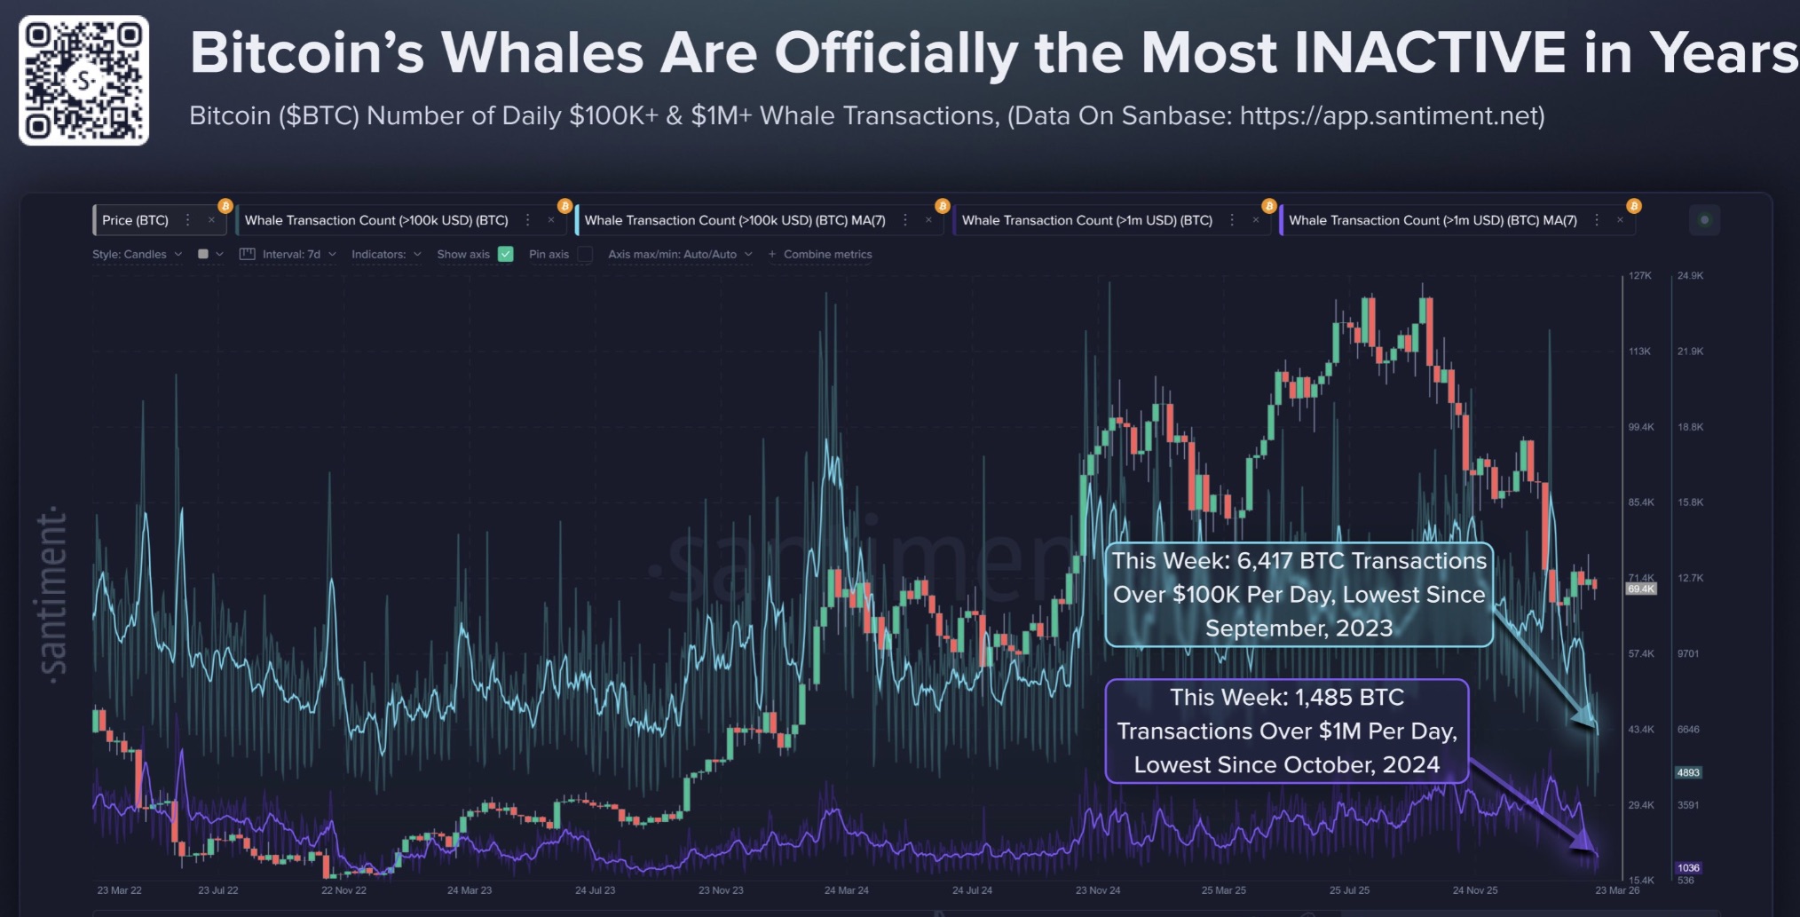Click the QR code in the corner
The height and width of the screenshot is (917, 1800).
click(x=83, y=81)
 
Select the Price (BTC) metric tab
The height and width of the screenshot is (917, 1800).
click(x=135, y=220)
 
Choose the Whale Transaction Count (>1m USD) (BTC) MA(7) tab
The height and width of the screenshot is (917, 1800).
click(x=1432, y=220)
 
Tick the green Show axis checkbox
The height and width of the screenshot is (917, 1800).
click(x=506, y=254)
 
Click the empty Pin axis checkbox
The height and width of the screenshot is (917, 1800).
click(x=585, y=254)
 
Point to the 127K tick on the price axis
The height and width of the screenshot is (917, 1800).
click(x=1639, y=276)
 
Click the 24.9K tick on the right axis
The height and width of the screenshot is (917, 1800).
click(x=1690, y=276)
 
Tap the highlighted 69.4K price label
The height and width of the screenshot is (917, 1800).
click(x=1640, y=589)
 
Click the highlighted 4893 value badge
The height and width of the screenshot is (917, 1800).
click(x=1687, y=772)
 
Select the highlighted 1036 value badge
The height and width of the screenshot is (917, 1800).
click(x=1687, y=868)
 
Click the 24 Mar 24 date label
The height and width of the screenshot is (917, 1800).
click(x=846, y=890)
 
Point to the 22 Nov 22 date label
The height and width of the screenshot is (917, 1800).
click(x=343, y=890)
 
